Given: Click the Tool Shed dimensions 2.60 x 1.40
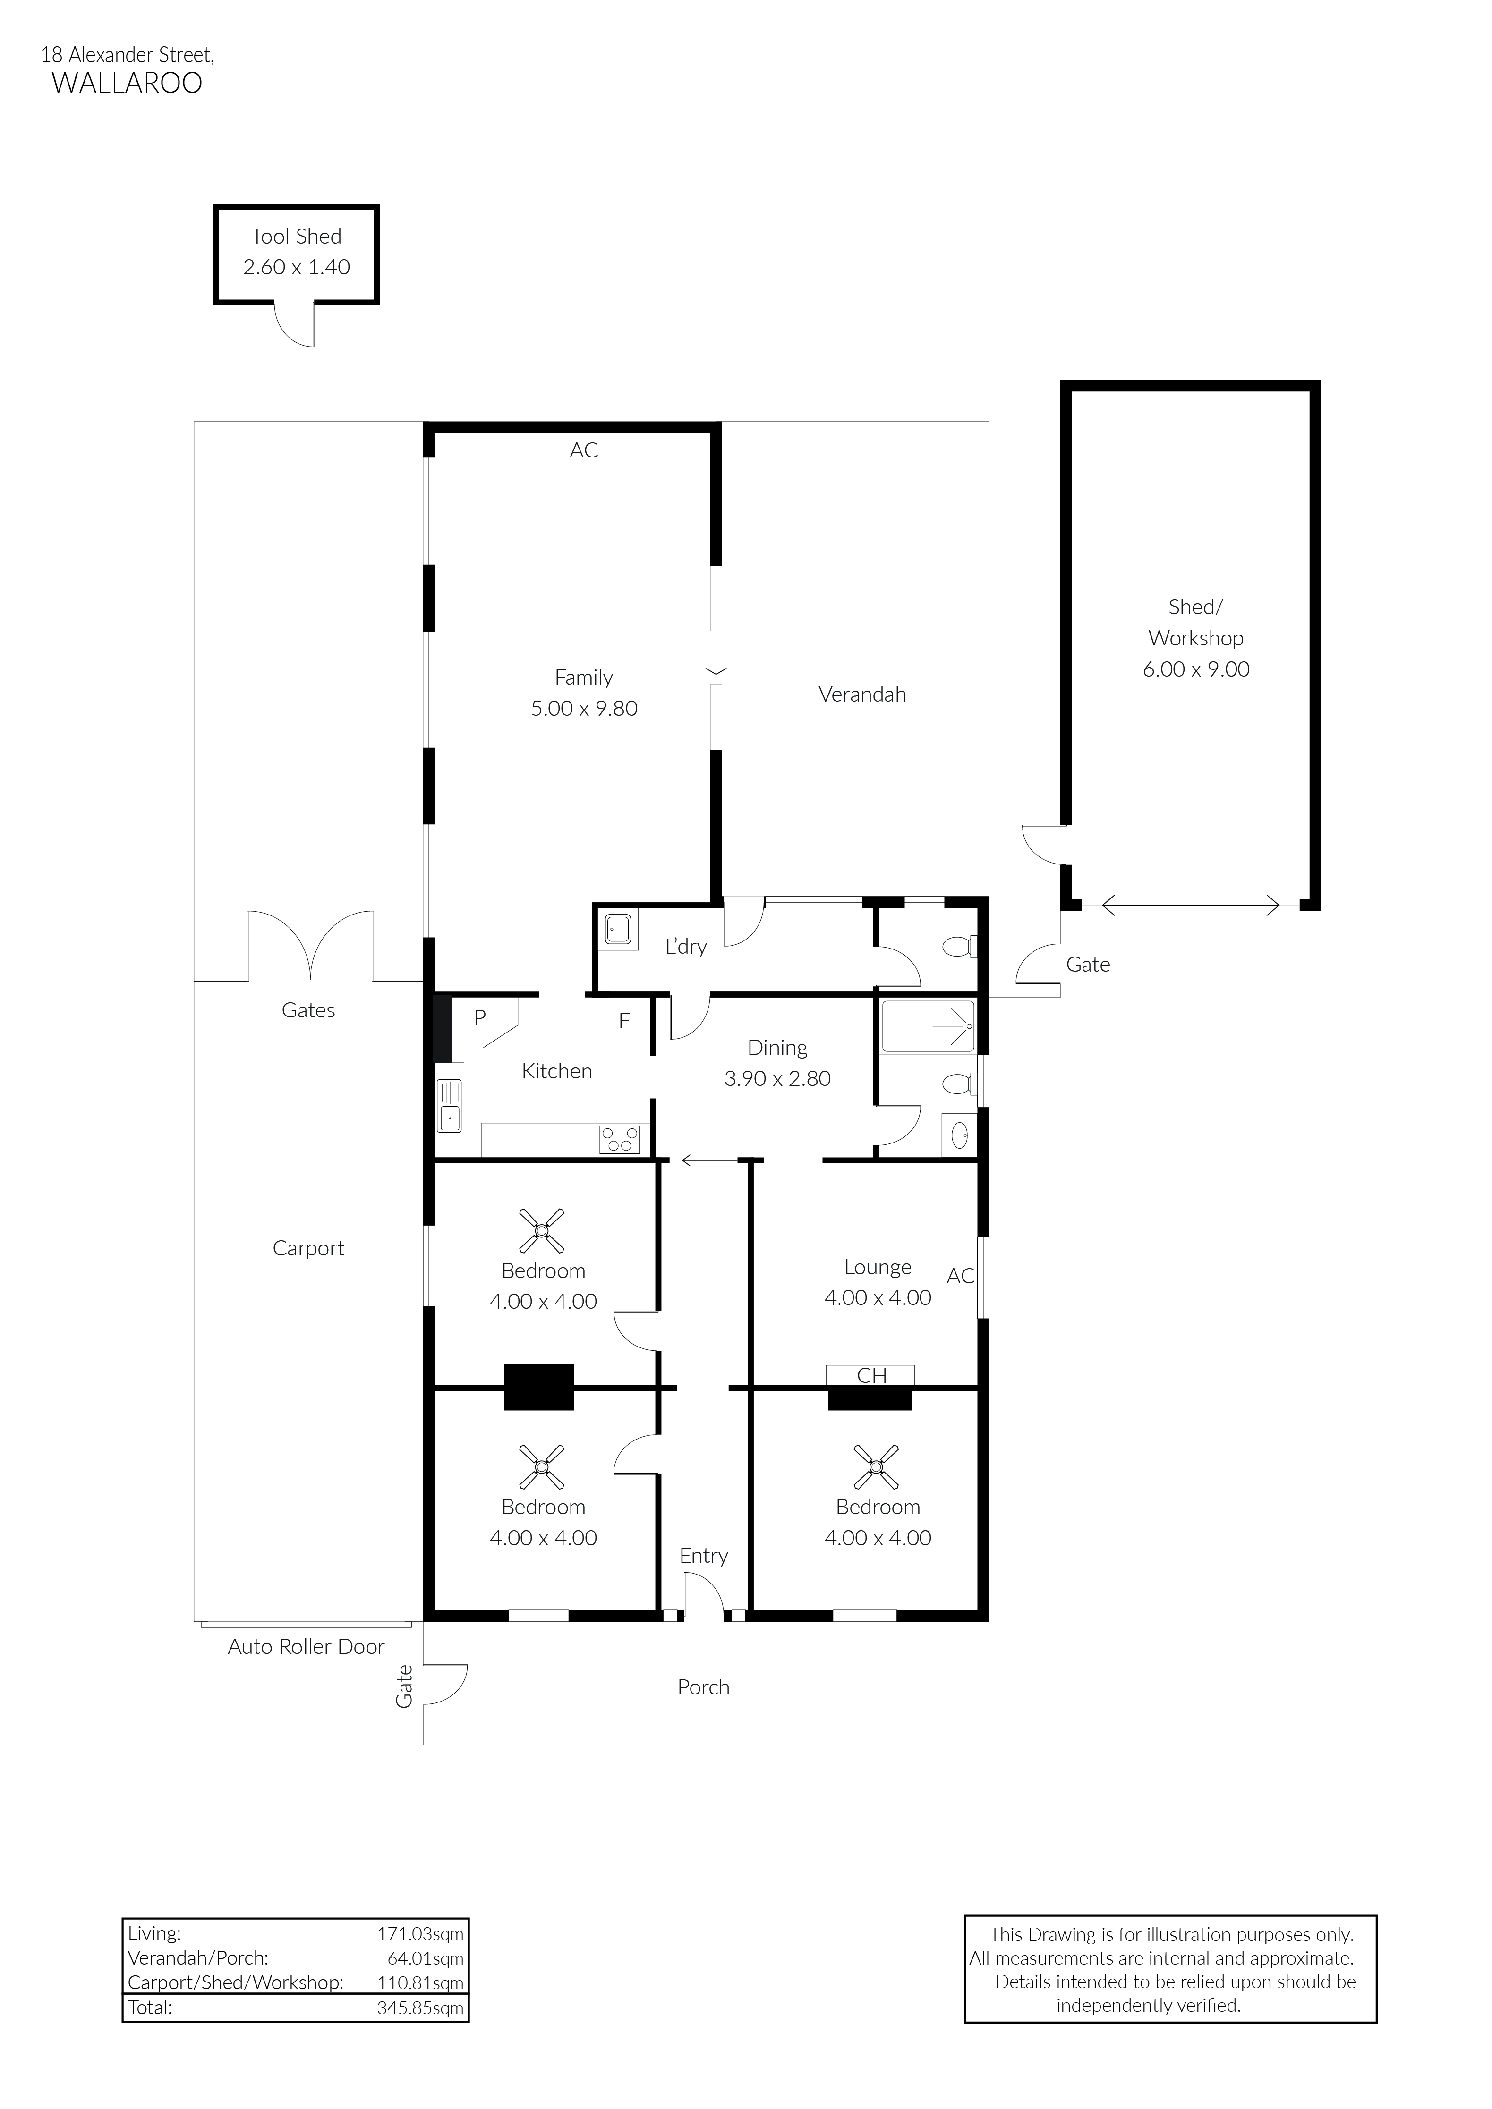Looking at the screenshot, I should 296,267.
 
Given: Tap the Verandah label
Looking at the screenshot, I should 862,695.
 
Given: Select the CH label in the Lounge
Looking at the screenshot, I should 871,1375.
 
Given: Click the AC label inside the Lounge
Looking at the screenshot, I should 960,1276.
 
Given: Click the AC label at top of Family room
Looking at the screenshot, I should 583,450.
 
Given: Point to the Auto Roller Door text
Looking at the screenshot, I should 306,1647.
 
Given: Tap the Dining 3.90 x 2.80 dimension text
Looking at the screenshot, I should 777,1078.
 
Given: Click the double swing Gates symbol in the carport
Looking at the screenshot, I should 310,946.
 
